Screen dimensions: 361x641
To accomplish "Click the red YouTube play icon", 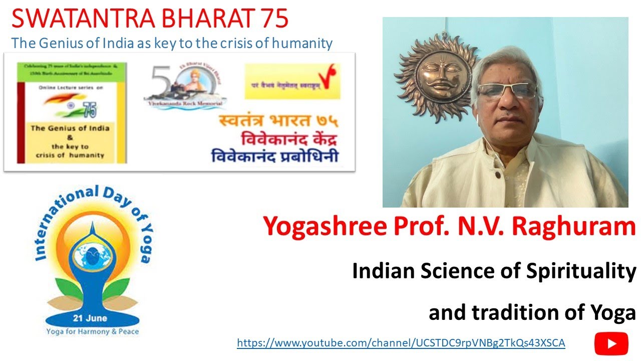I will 611,343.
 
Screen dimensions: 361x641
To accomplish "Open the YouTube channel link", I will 401,343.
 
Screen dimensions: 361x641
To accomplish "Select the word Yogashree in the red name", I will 320,227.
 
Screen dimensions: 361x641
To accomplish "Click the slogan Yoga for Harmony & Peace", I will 93,331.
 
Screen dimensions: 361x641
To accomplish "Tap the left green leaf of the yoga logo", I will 63,295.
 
